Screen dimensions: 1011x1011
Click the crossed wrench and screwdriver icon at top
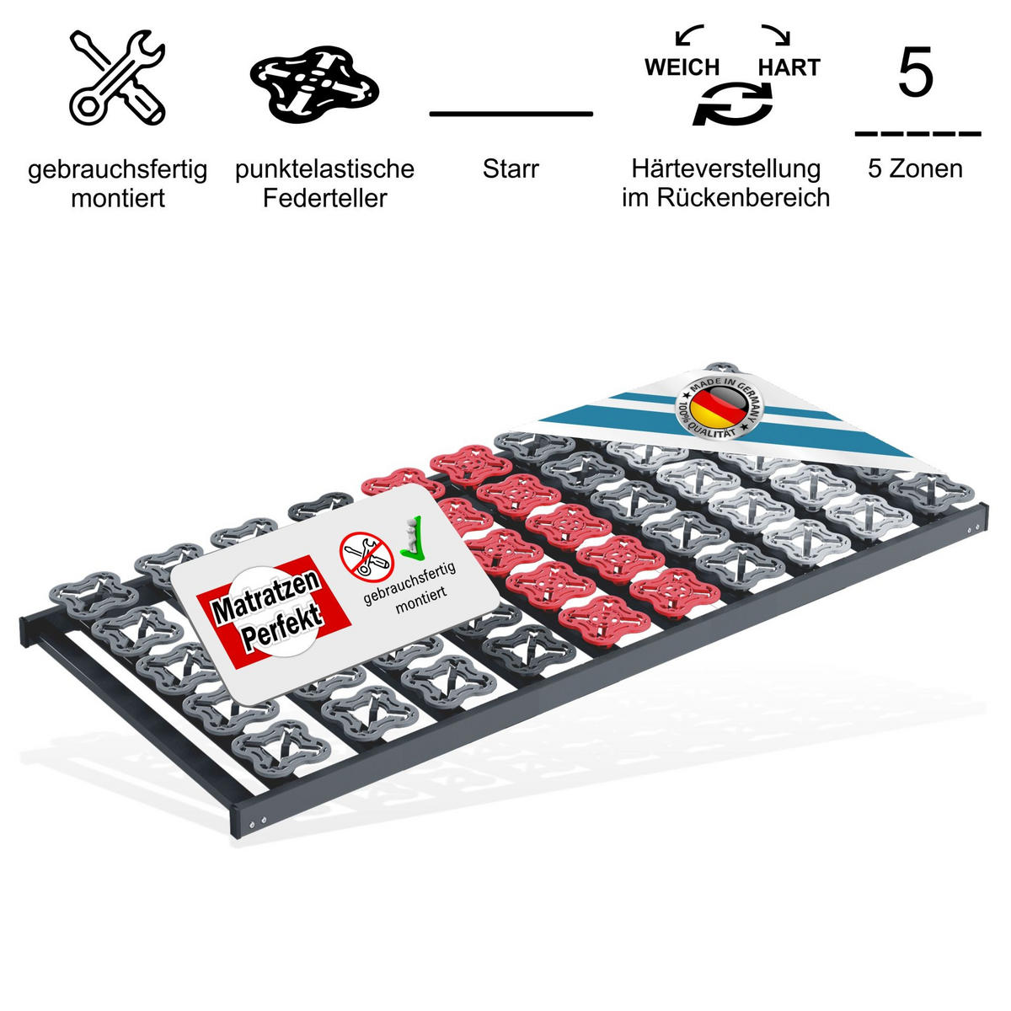click(117, 78)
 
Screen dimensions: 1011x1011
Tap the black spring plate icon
click(315, 84)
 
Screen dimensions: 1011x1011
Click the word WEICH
click(682, 67)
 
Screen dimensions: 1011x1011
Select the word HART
click(789, 67)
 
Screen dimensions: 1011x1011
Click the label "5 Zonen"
click(916, 169)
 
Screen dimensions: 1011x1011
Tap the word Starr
click(511, 169)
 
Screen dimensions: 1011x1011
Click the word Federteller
click(324, 198)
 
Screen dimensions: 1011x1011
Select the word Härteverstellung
click(726, 169)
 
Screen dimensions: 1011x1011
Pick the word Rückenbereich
click(743, 198)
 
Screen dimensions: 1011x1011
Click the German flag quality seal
click(719, 407)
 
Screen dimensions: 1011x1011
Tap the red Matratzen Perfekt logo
click(273, 612)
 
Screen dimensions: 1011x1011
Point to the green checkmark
click(411, 540)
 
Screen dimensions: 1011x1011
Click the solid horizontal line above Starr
click(511, 114)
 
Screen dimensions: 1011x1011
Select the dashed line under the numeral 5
click(917, 134)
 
